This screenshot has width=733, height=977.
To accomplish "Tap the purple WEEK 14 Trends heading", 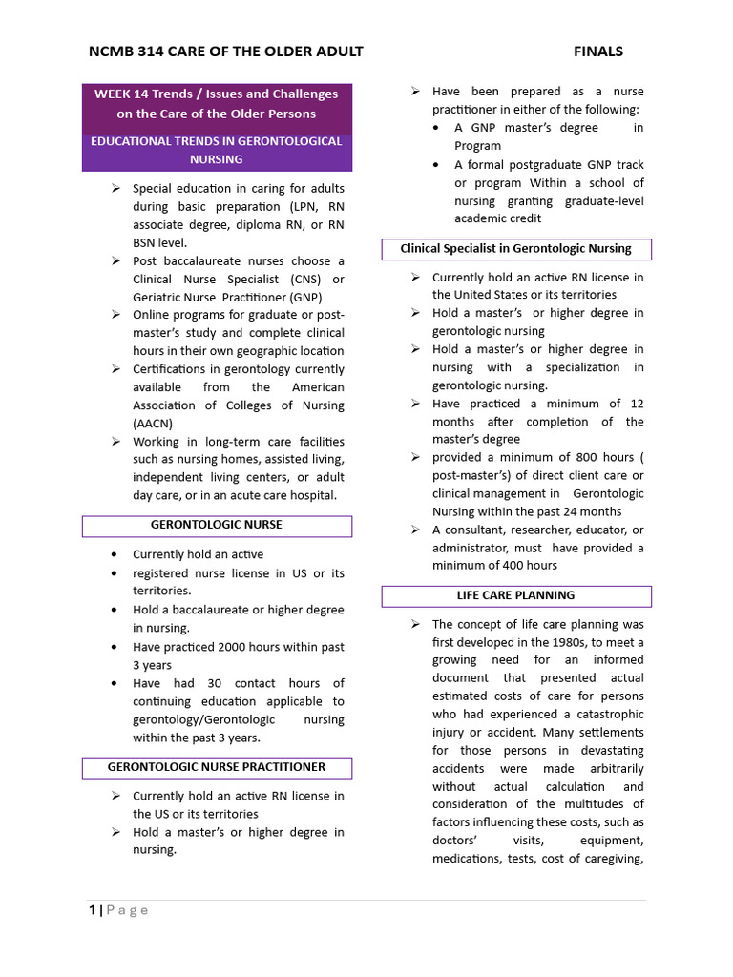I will pos(216,103).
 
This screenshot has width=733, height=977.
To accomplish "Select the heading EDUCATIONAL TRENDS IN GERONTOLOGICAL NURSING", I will pos(216,150).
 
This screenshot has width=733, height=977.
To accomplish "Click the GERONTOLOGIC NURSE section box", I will pos(217,525).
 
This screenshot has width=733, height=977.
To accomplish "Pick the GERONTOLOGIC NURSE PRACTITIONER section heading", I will pos(217,767).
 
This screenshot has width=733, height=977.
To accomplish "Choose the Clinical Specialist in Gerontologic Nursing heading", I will pos(515,249).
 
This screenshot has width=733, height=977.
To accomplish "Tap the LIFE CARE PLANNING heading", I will pos(515,595).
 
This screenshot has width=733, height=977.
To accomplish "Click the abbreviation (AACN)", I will pos(153,424).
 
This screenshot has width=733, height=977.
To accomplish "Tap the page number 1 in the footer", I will pos(93,910).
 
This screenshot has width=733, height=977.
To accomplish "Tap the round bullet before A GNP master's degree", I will pos(436,128).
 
